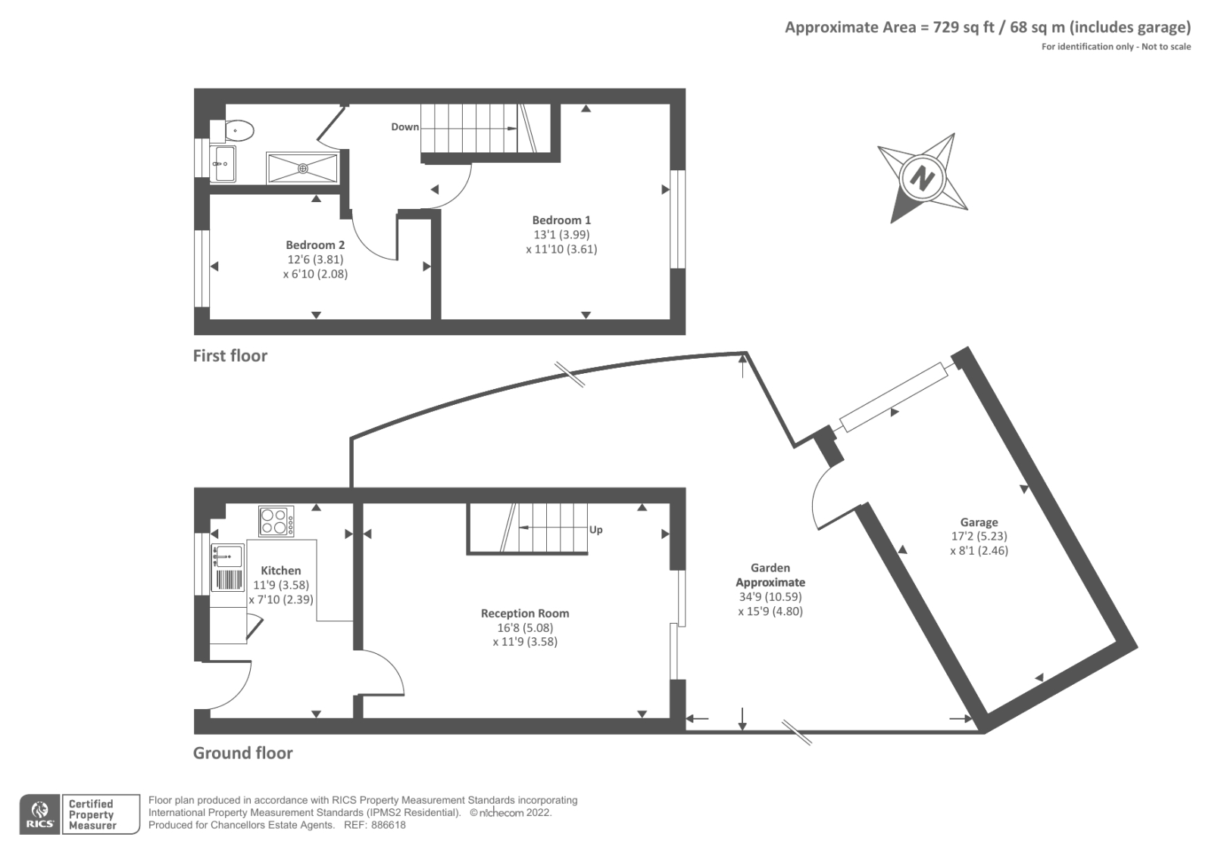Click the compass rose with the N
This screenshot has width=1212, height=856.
(x=921, y=179)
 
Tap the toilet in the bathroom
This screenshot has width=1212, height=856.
(x=237, y=131)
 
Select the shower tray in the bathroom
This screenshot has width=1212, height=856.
(x=302, y=168)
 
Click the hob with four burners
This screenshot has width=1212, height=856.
(x=276, y=521)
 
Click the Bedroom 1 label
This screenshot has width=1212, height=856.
(x=561, y=220)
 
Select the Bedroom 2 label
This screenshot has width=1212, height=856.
(x=315, y=245)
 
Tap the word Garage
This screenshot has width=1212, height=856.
(x=979, y=522)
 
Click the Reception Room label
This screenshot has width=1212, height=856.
(x=525, y=614)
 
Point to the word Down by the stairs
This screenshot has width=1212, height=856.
(x=405, y=127)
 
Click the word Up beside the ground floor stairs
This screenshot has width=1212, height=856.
(x=596, y=530)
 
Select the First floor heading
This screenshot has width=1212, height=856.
(x=230, y=356)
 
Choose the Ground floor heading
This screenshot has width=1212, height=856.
(x=242, y=753)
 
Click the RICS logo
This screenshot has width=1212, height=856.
(x=39, y=814)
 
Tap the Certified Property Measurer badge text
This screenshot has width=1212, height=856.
(x=92, y=814)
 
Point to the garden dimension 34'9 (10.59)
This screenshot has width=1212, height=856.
(x=770, y=596)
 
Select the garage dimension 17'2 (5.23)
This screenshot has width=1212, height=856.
(x=979, y=536)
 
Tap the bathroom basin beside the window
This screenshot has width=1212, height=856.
(x=224, y=163)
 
